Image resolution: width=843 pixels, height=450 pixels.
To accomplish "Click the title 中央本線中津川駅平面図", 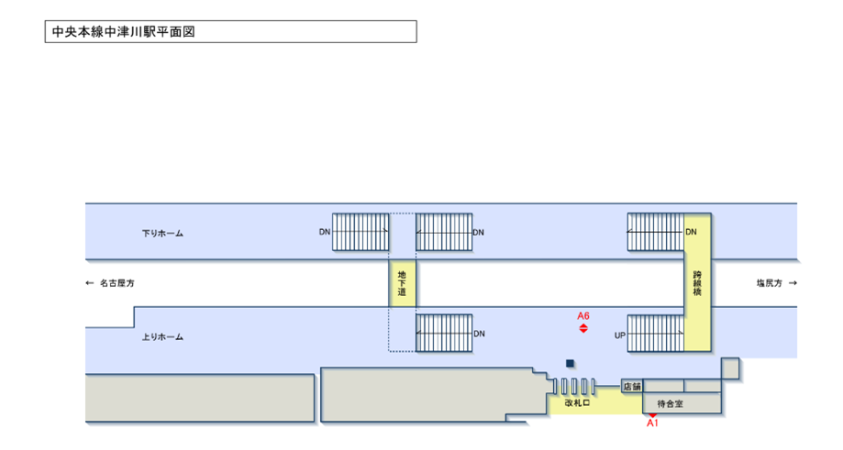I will point(123,31).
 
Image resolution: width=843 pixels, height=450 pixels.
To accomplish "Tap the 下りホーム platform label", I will point(162,233).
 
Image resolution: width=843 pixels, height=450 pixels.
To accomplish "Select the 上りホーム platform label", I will point(162,337).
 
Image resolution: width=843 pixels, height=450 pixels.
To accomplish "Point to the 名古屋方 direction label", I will point(116,283).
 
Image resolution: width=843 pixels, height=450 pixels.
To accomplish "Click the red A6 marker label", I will point(583,316).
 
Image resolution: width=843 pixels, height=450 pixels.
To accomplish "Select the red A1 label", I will point(653,423).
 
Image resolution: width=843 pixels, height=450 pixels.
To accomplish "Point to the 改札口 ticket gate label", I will point(576,402).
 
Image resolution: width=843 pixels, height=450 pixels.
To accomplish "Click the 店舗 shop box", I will point(632,387).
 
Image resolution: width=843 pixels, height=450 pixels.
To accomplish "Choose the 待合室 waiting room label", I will point(671,402).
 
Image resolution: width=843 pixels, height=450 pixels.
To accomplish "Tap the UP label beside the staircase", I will point(619,335).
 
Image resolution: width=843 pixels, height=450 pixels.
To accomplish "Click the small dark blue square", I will point(570,363).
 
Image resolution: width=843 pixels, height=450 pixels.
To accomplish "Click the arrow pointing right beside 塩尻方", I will point(793,283).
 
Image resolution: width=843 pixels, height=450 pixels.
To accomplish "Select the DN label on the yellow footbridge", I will point(691,233).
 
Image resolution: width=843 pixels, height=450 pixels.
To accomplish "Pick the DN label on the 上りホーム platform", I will point(478,334).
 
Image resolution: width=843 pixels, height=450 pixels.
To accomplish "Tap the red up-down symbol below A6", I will point(583,328).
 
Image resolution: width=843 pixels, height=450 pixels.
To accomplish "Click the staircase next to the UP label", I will point(655,334).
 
